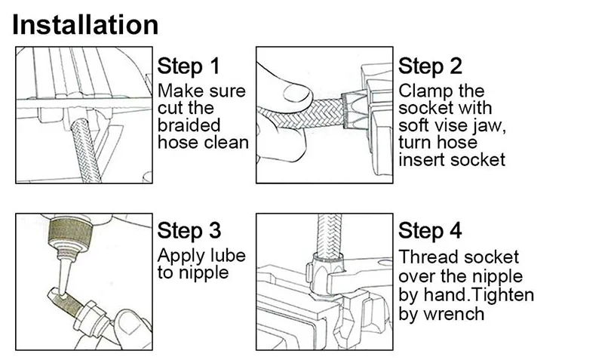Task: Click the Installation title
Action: (86, 24)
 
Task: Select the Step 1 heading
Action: (189, 66)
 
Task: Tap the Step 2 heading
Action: (430, 66)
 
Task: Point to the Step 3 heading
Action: (189, 230)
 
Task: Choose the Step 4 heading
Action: (430, 230)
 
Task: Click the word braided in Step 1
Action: (189, 125)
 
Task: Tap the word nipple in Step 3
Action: (204, 272)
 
